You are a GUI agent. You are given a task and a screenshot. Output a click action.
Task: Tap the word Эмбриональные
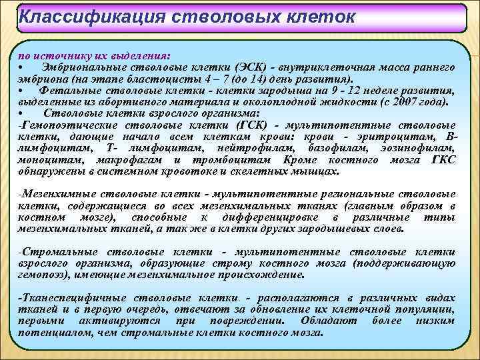tap(81, 67)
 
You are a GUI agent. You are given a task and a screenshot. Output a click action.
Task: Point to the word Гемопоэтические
tap(63, 124)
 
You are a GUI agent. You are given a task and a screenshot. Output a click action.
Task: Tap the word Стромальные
tap(55, 252)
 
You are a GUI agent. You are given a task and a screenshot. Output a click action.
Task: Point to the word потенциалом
tap(53, 331)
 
